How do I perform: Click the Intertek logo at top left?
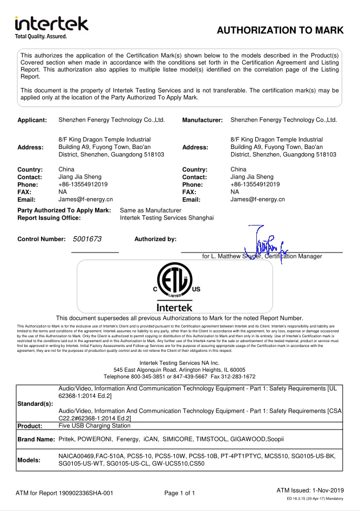[51, 27]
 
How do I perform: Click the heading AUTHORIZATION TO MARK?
[280, 31]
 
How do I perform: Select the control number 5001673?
[83, 239]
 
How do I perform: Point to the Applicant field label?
[32, 120]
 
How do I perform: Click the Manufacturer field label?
[202, 120]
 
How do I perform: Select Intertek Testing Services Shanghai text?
[167, 218]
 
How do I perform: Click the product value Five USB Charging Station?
[94, 426]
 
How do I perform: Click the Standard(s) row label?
[36, 403]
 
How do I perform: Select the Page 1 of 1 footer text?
[180, 493]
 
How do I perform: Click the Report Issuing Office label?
[49, 218]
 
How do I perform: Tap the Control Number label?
[40, 239]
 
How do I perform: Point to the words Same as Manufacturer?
[151, 210]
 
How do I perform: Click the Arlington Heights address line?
[180, 370]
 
